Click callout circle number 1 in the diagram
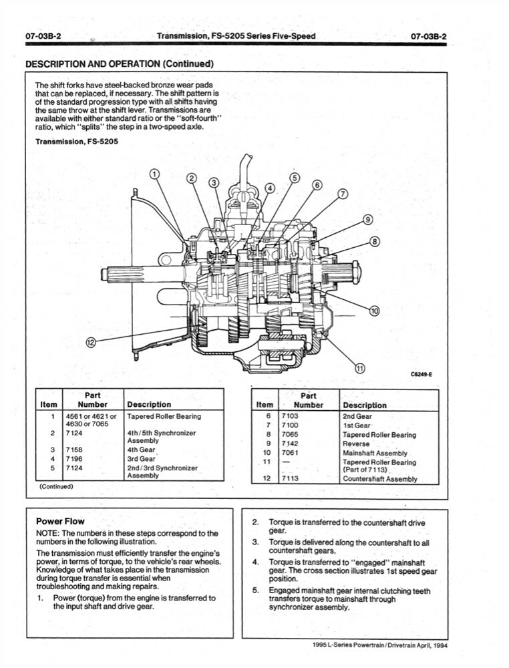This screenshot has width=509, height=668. click(x=154, y=174)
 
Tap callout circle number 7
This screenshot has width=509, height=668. click(x=343, y=194)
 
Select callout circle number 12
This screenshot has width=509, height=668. click(x=91, y=343)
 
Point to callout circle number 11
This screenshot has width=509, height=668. click(x=360, y=367)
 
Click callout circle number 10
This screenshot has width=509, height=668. click(x=374, y=311)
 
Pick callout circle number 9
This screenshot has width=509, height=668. click(x=367, y=220)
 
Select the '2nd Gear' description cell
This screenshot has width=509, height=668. click(x=357, y=416)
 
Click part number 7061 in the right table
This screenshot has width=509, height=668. click(x=289, y=453)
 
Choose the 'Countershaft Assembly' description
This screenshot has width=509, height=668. click(x=379, y=478)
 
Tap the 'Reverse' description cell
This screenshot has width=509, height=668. click(x=355, y=444)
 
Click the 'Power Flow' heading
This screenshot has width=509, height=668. click(x=59, y=521)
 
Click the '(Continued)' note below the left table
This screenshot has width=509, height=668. click(x=56, y=486)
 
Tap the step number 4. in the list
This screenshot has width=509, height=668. click(x=255, y=562)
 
